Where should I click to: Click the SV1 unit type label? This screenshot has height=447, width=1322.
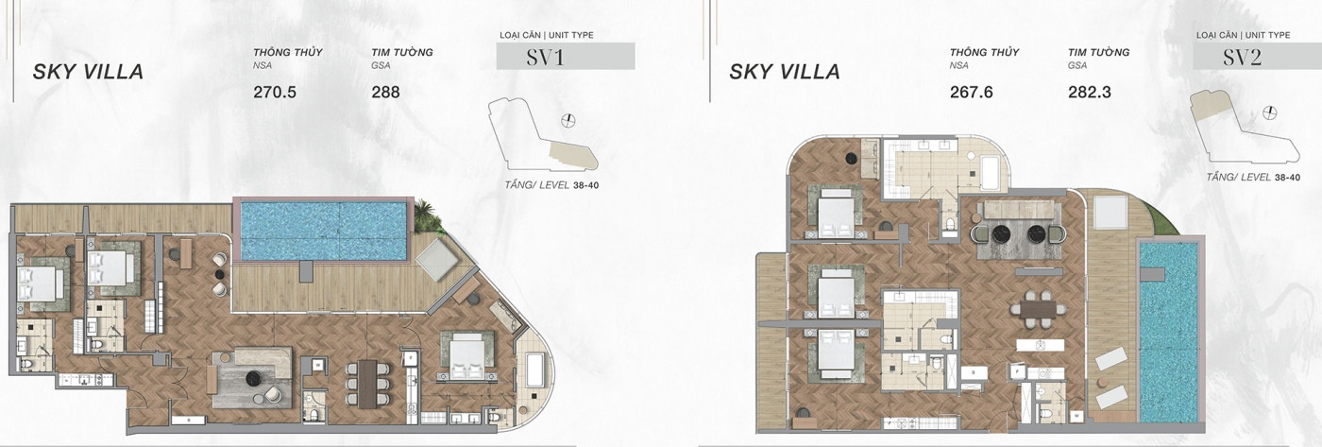coord(546,58)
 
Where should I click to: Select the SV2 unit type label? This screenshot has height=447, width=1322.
coord(1243,58)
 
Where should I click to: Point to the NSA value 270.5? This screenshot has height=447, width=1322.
coord(275,92)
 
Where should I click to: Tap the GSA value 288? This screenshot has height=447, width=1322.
coord(385,92)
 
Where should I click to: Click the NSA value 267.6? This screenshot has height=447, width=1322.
coord(972,92)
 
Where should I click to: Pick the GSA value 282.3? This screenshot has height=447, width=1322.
coord(1090,92)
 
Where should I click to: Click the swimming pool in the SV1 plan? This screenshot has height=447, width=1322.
coord(323,231)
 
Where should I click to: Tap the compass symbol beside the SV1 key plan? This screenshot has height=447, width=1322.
coord(568,120)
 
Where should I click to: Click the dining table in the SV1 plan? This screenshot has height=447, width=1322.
coord(368,384)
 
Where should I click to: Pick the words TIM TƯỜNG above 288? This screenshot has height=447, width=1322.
coord(402,53)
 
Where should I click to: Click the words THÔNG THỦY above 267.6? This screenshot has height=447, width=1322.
coord(984,53)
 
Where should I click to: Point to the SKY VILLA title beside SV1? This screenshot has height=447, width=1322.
coord(88,72)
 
